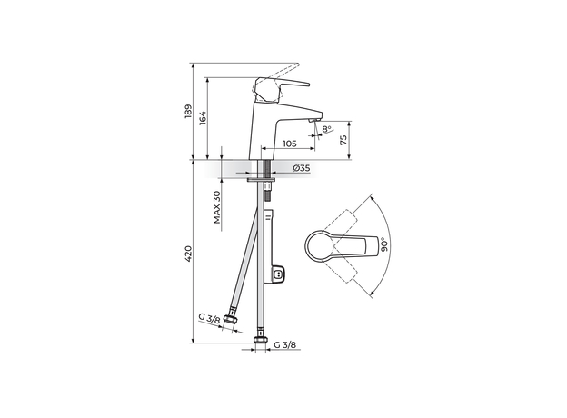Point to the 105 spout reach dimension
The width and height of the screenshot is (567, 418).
click(288, 144)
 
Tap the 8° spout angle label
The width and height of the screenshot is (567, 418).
click(328, 130)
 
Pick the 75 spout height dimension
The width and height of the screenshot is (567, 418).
click(343, 139)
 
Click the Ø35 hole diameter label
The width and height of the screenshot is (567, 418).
click(302, 168)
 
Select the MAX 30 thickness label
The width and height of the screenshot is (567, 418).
click(218, 207)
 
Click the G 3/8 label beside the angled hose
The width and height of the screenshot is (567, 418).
click(210, 318)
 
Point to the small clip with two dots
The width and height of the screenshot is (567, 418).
click(280, 274)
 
